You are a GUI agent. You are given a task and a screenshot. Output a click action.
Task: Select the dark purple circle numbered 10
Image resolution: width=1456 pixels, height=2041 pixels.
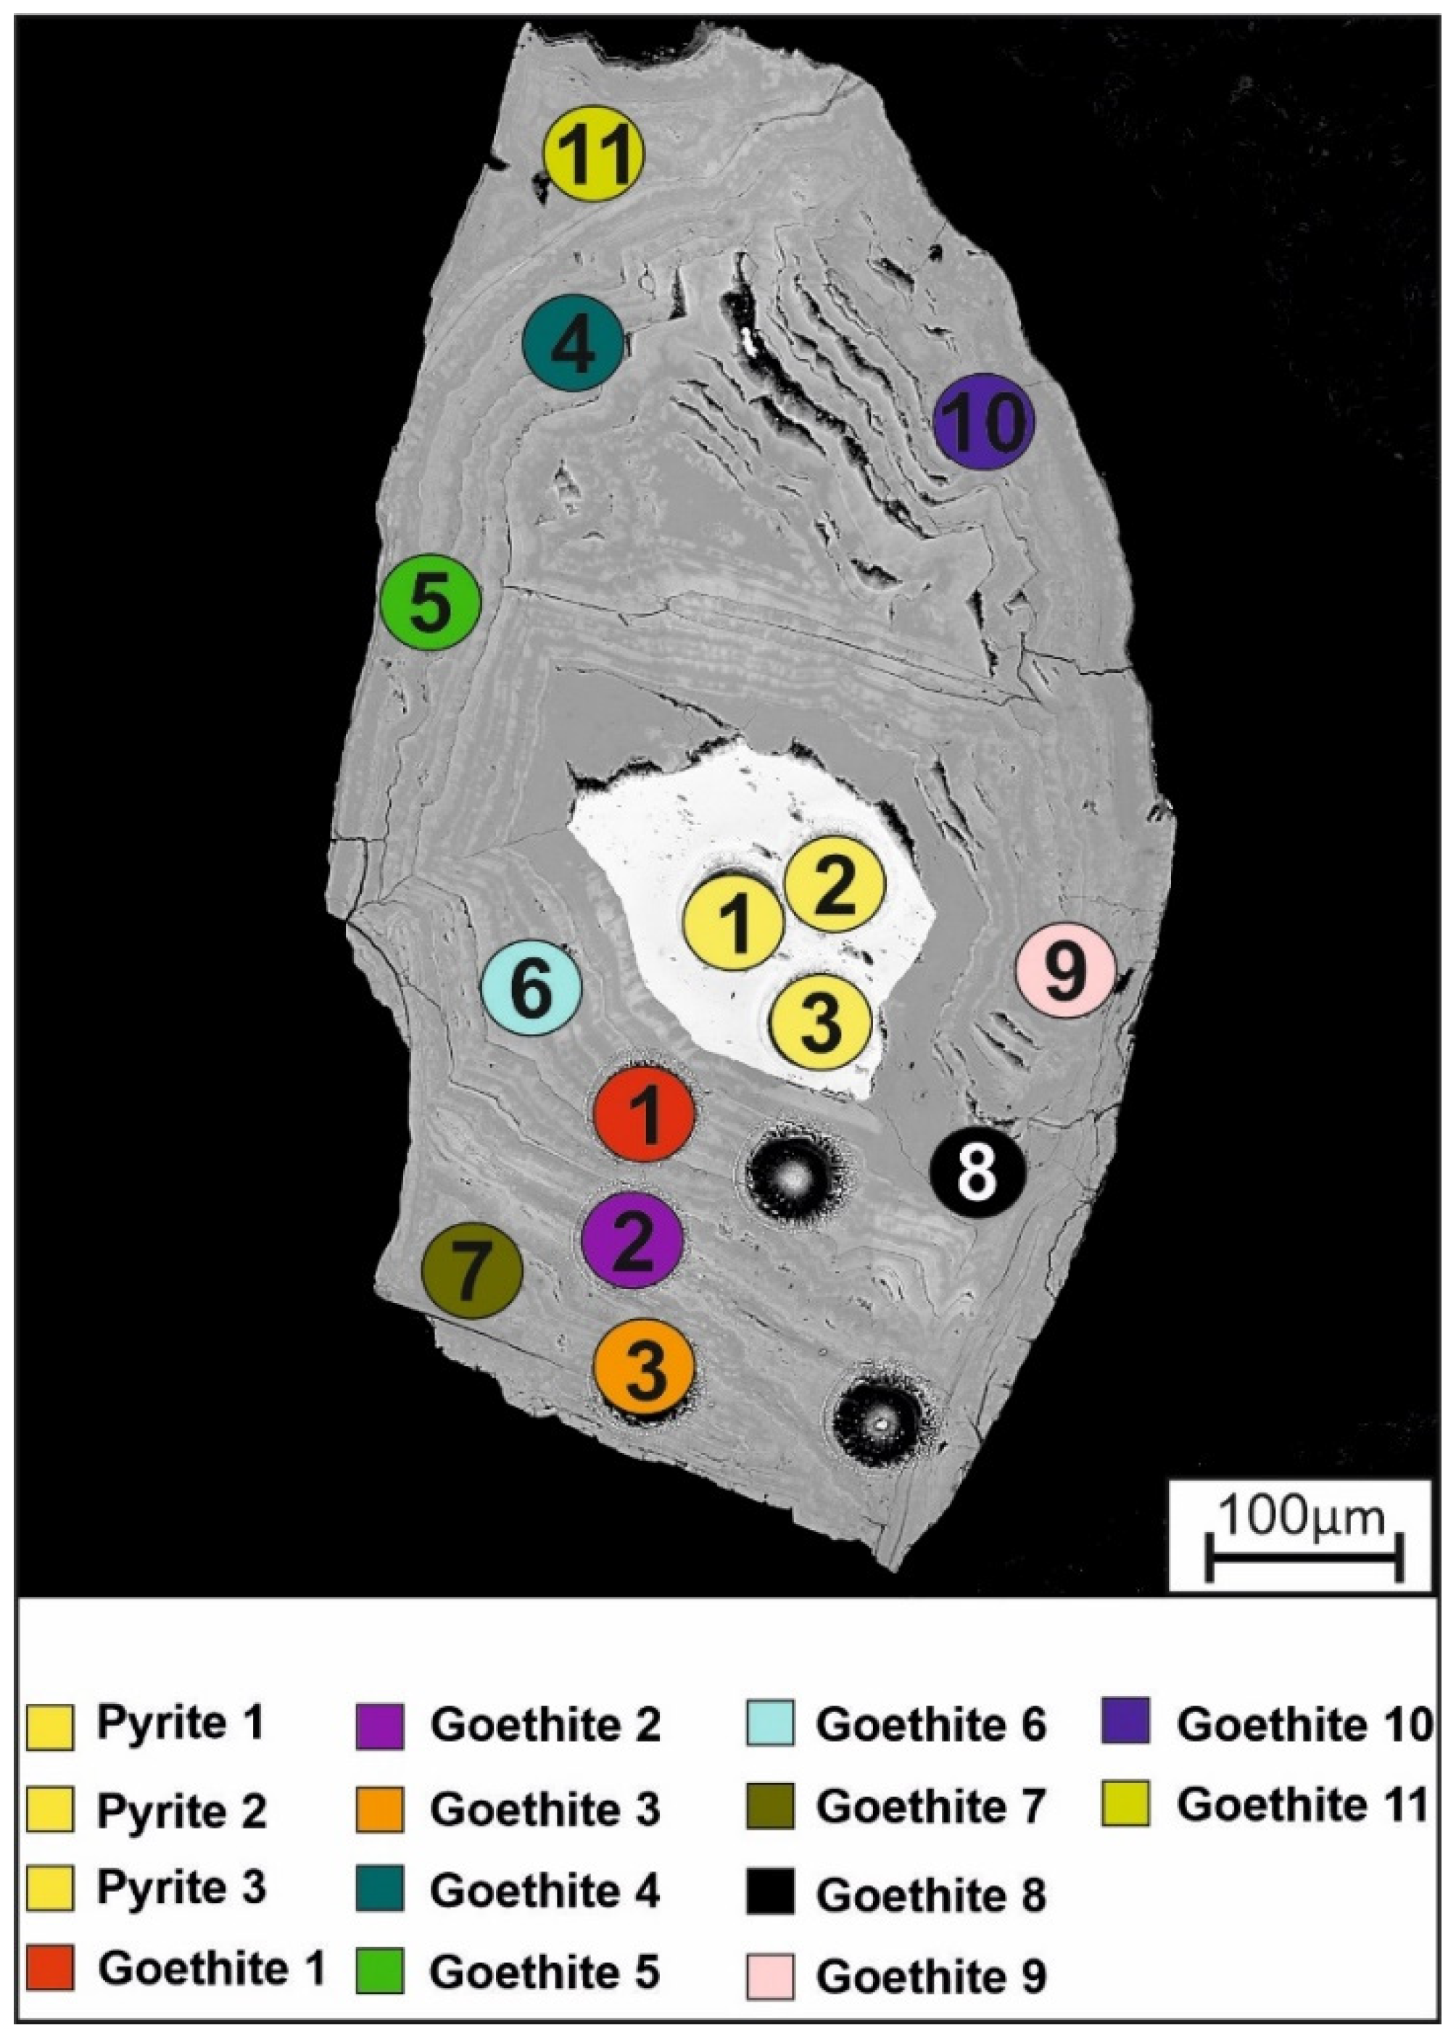tap(983, 421)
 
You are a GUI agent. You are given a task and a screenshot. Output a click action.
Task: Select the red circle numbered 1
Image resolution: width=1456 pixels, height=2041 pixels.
tap(645, 1113)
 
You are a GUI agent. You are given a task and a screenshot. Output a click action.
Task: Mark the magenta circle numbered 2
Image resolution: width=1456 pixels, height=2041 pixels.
tap(632, 1241)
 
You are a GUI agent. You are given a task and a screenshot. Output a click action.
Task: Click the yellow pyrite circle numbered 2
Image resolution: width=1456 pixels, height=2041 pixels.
tap(835, 884)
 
